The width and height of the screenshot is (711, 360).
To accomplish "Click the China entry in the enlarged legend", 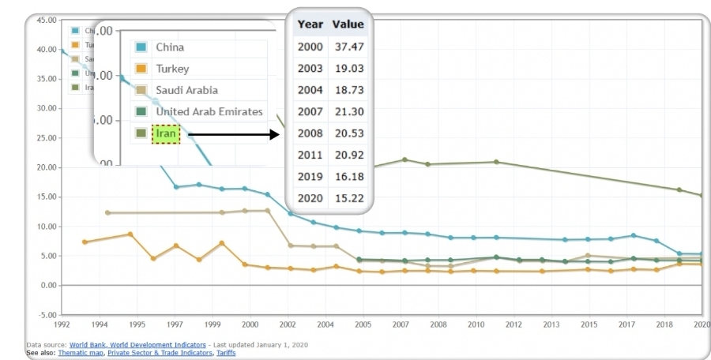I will coord(170,47).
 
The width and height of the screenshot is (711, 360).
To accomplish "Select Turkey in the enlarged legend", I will coord(172,69).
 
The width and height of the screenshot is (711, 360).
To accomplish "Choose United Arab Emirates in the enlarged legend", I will coord(209,112).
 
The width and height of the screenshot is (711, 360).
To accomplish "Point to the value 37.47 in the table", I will coord(348,47).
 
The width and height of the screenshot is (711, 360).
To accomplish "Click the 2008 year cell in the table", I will coord(310,133).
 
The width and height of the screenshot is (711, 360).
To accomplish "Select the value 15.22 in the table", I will coord(348,197).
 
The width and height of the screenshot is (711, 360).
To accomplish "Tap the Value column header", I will coord(348,24).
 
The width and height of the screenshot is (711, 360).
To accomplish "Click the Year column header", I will coord(310,24).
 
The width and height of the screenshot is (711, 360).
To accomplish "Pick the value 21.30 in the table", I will coord(348,111).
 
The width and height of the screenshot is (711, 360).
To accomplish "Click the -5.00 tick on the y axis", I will coord(46,315).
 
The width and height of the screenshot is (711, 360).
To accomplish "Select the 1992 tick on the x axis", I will coord(62,324).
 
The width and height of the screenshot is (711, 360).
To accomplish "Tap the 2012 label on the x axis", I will coord(514,324).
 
